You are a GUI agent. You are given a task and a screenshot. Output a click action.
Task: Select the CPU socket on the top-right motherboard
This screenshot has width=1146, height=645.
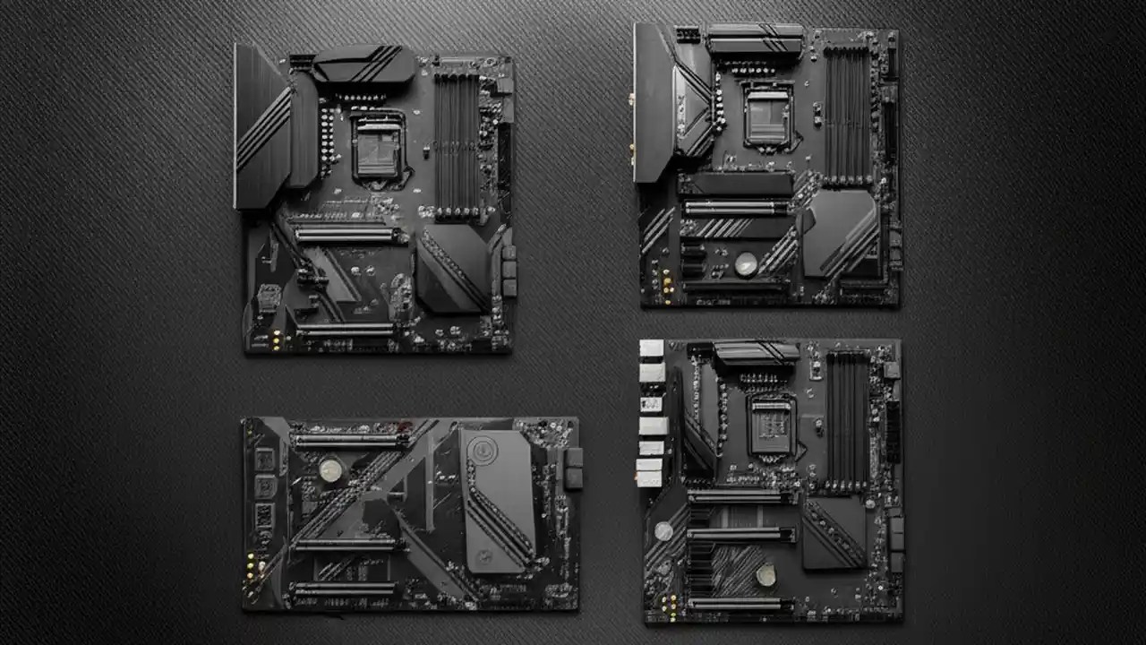(767, 116)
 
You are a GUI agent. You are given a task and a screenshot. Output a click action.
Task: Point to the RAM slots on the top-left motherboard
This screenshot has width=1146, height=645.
(457, 143)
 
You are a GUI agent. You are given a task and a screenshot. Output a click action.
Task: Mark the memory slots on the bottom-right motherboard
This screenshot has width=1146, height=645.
(847, 408)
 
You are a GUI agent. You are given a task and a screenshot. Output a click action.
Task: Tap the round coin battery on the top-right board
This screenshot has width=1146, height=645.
(745, 263)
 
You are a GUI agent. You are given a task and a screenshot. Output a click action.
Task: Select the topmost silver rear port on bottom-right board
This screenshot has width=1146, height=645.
(651, 348)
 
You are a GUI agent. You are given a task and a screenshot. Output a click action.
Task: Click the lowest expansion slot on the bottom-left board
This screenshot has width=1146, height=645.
(345, 589)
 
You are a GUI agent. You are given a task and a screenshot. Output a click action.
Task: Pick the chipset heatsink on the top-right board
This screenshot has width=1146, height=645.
(839, 233)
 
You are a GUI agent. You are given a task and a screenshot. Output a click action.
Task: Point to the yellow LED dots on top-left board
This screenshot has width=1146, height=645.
(276, 340)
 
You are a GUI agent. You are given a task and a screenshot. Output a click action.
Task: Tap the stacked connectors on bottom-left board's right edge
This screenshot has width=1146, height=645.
(573, 469)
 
